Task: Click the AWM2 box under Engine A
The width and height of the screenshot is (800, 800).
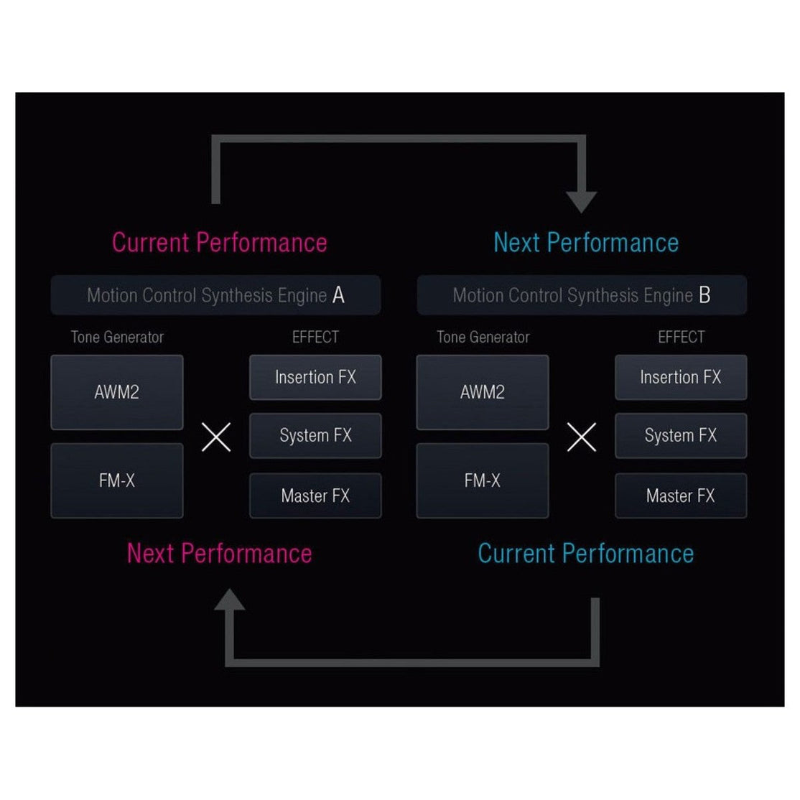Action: click(x=117, y=392)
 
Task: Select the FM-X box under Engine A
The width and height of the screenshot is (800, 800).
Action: click(x=117, y=480)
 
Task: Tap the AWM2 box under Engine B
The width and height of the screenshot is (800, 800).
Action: click(x=483, y=392)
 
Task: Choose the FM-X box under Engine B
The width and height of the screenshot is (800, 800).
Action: click(x=483, y=480)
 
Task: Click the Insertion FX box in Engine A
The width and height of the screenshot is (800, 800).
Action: click(x=315, y=377)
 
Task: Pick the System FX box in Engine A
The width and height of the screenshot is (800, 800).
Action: click(x=315, y=435)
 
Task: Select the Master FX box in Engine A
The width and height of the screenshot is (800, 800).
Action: click(x=315, y=496)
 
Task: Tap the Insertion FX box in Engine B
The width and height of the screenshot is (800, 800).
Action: click(x=681, y=377)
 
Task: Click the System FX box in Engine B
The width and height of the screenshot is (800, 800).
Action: click(x=681, y=435)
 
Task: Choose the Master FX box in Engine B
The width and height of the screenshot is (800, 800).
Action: click(x=681, y=496)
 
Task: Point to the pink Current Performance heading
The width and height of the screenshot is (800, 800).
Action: click(x=220, y=243)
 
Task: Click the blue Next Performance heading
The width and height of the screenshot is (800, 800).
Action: click(x=586, y=243)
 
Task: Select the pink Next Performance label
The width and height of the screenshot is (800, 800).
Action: click(x=220, y=554)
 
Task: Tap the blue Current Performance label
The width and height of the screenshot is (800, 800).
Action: click(x=586, y=554)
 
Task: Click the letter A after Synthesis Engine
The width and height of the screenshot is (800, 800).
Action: click(x=338, y=295)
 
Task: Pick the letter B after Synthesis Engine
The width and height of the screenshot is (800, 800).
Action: click(x=704, y=295)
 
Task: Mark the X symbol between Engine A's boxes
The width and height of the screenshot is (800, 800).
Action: click(x=216, y=437)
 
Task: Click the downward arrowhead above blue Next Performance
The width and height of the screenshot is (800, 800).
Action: click(x=581, y=200)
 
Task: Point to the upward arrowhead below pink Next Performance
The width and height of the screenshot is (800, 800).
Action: click(x=230, y=600)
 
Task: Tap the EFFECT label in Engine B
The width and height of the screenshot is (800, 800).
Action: click(x=681, y=337)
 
